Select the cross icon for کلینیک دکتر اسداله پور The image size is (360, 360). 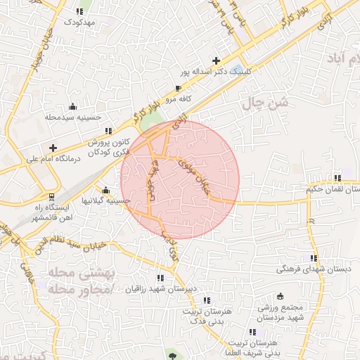pyautogui.click(x=216, y=60)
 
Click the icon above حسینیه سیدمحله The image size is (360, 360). pyautogui.click(x=72, y=107)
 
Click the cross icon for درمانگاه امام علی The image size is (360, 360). pyautogui.click(x=53, y=148)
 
